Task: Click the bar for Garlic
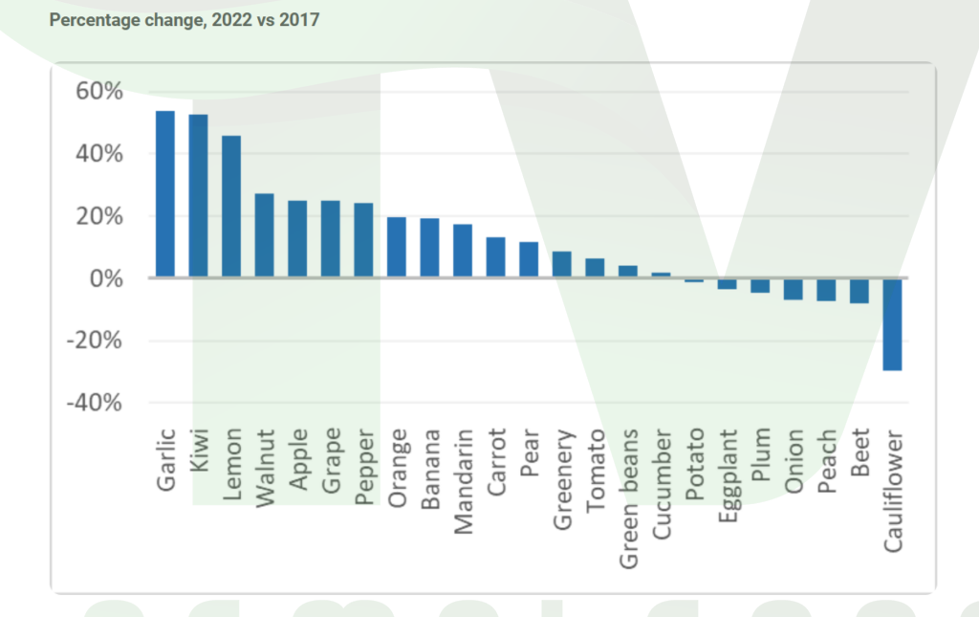(165, 194)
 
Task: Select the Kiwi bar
(198, 196)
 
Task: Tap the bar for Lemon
(231, 207)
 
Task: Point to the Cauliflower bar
(892, 324)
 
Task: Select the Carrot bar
(496, 258)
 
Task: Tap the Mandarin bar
(463, 252)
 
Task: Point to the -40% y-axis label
(94, 403)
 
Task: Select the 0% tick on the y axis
(105, 278)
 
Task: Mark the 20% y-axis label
(98, 216)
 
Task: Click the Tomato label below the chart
(596, 457)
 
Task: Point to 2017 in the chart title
(301, 19)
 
